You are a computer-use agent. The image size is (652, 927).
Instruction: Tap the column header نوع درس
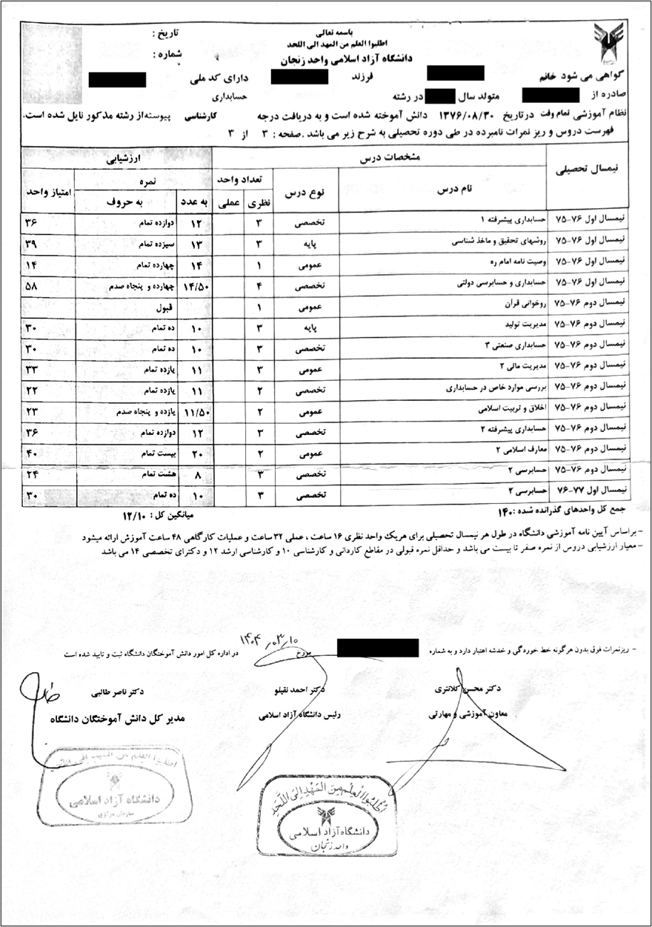[306, 190]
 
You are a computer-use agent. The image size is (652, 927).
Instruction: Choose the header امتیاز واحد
[47, 190]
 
